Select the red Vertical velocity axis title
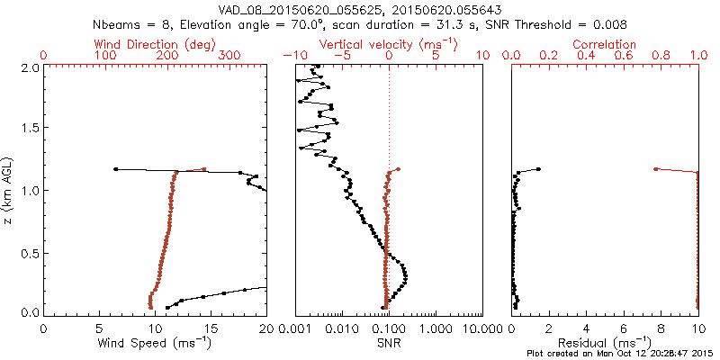[388, 44]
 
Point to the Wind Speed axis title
[154, 343]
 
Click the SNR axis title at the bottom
[388, 343]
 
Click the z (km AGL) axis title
[7, 189]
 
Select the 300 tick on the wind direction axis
[230, 56]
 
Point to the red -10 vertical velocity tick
[290, 56]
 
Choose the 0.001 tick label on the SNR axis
[296, 329]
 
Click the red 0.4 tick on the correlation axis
[586, 56]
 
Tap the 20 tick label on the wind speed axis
[266, 329]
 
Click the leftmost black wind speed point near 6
[115, 168]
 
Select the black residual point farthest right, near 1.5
[539, 168]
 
